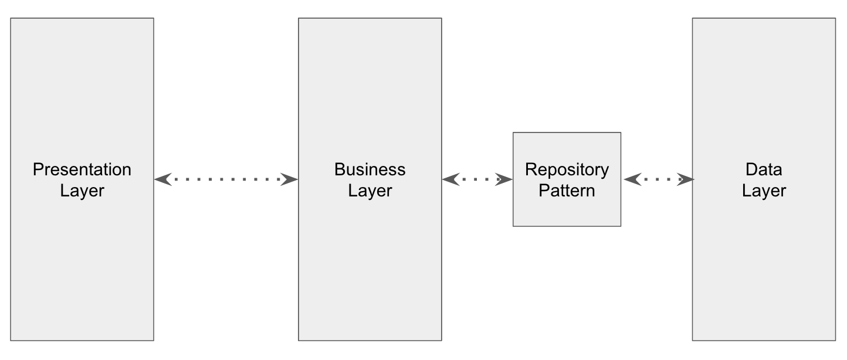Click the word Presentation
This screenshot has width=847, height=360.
coord(82,169)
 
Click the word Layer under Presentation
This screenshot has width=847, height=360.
coord(82,191)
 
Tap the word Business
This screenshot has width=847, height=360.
coord(370,169)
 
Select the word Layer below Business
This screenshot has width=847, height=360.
coord(370,191)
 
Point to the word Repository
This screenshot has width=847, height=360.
coord(567,169)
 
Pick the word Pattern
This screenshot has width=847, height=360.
coord(567,191)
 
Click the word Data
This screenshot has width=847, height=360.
coord(764,169)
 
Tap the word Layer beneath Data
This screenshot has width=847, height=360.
coord(764,191)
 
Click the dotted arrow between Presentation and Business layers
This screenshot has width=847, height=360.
coord(226,179)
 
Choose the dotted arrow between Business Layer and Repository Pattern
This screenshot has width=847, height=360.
coord(477,179)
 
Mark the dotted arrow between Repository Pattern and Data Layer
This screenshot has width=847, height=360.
coord(659,179)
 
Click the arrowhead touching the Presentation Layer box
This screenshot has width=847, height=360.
coord(162,179)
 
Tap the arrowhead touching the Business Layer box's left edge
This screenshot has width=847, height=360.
coord(290,179)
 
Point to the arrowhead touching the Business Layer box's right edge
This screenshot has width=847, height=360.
coord(450,179)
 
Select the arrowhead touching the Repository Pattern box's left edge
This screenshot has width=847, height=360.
coord(504,179)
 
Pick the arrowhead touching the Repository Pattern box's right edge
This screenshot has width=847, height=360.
coord(631,179)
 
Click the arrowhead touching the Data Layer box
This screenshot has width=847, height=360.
coord(685,179)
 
